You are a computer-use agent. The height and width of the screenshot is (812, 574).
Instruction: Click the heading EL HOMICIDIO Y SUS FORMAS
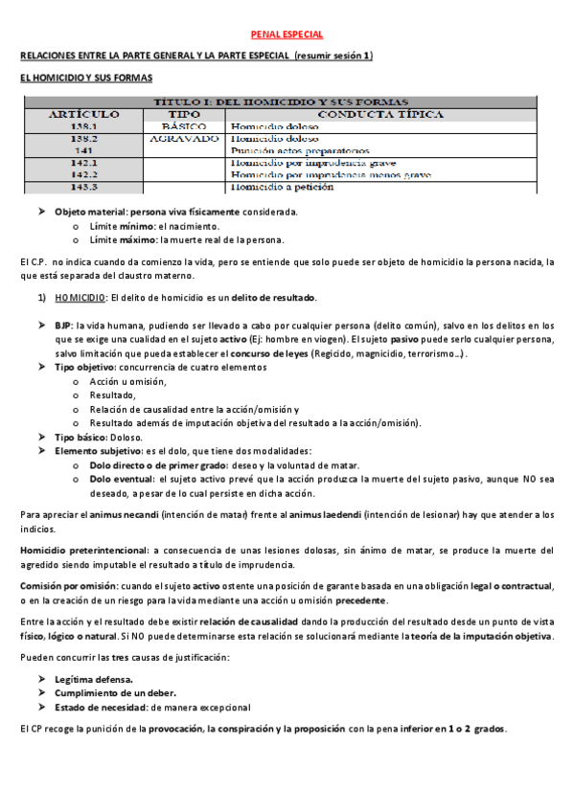tap(86, 79)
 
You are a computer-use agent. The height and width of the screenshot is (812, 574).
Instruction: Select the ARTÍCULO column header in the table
tap(84, 114)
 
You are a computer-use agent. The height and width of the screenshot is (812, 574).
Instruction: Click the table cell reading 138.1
tap(84, 125)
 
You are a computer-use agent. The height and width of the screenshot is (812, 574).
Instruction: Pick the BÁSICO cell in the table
tap(184, 125)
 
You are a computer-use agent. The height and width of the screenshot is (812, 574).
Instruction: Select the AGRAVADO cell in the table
tap(184, 138)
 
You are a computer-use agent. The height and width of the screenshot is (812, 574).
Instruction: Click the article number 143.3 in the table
tap(84, 187)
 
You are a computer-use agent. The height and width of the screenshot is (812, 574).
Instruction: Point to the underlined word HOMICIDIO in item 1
tap(80, 298)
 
